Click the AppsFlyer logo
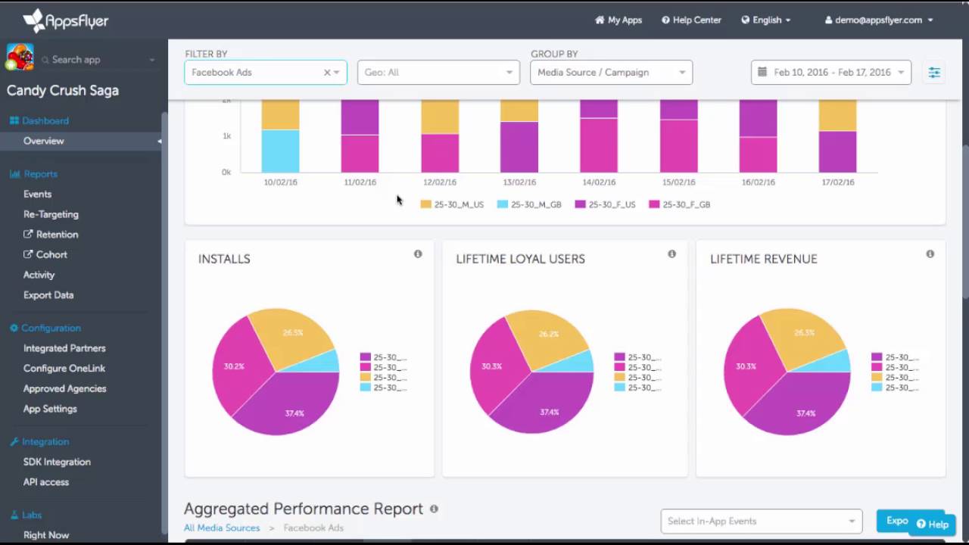[x=66, y=20]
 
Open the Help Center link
[x=691, y=20]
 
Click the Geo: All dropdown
[x=438, y=73]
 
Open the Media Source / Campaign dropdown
[x=611, y=73]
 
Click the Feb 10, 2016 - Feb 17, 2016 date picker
[x=830, y=73]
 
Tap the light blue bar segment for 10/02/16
[x=280, y=151]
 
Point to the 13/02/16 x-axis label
[x=519, y=182]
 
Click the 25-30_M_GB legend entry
[x=529, y=204]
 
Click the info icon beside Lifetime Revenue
[x=930, y=254]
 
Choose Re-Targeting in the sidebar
[x=51, y=214]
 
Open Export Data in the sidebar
[x=48, y=295]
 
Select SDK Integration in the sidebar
[x=57, y=462]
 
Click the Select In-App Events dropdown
[x=761, y=521]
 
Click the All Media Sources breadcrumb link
[x=222, y=528]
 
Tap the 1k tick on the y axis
[x=226, y=136]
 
